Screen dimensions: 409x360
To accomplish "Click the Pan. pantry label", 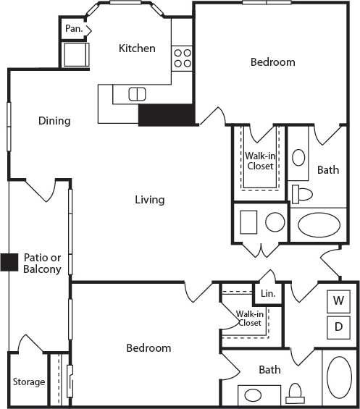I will point(72,29).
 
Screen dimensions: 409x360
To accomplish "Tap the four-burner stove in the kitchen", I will point(182,58).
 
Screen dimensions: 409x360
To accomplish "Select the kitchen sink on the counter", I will point(137,93).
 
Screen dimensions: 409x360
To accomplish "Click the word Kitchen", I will point(137,49).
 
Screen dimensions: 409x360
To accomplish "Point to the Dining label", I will point(54,121).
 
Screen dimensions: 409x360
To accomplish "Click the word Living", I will point(149,199).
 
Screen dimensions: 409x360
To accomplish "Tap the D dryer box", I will point(338,326).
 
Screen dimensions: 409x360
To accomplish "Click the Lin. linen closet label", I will point(268,294).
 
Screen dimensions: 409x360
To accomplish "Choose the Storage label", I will point(28,381).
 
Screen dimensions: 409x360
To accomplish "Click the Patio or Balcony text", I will point(46,263).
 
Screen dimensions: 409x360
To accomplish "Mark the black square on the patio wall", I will point(9,262).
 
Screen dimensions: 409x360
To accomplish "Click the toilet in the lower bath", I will point(295,394).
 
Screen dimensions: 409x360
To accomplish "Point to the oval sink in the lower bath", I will point(253,396).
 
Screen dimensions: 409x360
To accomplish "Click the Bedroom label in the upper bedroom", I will point(272,62).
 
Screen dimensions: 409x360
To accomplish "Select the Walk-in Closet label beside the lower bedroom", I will point(249,319).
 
